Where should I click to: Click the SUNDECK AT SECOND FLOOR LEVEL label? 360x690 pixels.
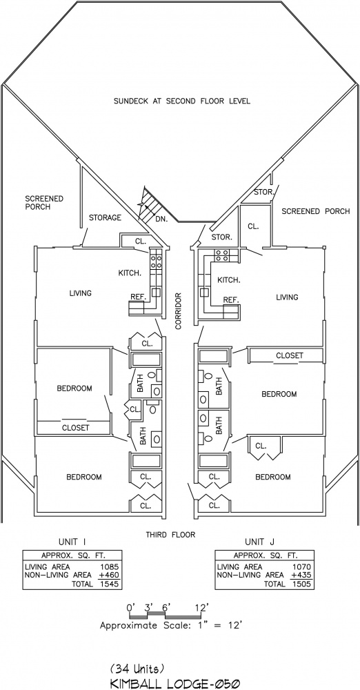182,101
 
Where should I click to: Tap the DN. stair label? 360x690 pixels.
161,219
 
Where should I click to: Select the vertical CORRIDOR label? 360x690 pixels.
178,312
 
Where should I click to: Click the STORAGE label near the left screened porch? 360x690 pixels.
105,217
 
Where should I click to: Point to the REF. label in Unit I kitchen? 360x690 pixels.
138,297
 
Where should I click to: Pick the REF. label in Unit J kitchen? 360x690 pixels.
231,300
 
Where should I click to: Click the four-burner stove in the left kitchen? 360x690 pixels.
155,259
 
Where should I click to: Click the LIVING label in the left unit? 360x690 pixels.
81,293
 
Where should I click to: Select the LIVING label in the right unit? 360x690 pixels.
287,297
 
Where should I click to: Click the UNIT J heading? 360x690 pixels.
261,541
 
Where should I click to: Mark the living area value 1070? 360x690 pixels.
302,567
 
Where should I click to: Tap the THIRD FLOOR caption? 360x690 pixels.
170,535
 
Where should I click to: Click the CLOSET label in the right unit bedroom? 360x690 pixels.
290,355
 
